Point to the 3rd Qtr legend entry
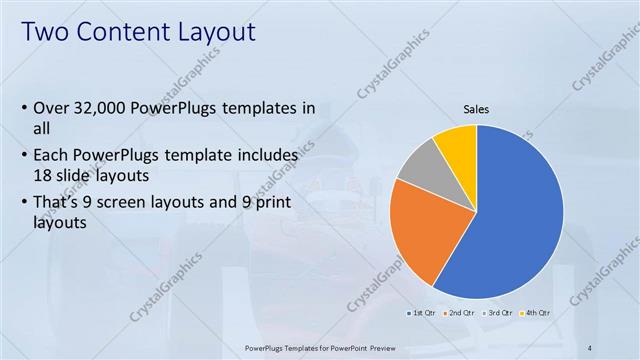pyautogui.click(x=498, y=313)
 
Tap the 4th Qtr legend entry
pyautogui.click(x=535, y=313)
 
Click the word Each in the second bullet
pyautogui.click(x=53, y=156)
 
